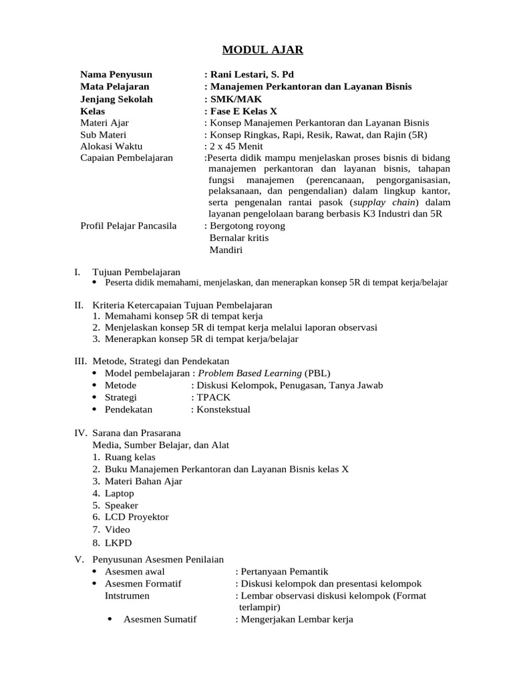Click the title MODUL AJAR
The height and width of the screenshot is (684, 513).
click(253, 49)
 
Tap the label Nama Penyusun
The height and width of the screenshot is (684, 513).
click(116, 74)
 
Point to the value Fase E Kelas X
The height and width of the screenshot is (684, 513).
click(243, 111)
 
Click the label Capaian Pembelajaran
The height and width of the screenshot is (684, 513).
click(126, 158)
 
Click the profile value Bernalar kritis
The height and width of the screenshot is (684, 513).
click(239, 238)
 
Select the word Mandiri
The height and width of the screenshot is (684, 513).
click(226, 250)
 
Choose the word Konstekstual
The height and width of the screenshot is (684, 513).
click(223, 409)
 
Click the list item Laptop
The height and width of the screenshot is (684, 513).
click(119, 493)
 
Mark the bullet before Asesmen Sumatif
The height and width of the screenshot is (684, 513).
click(110, 619)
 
